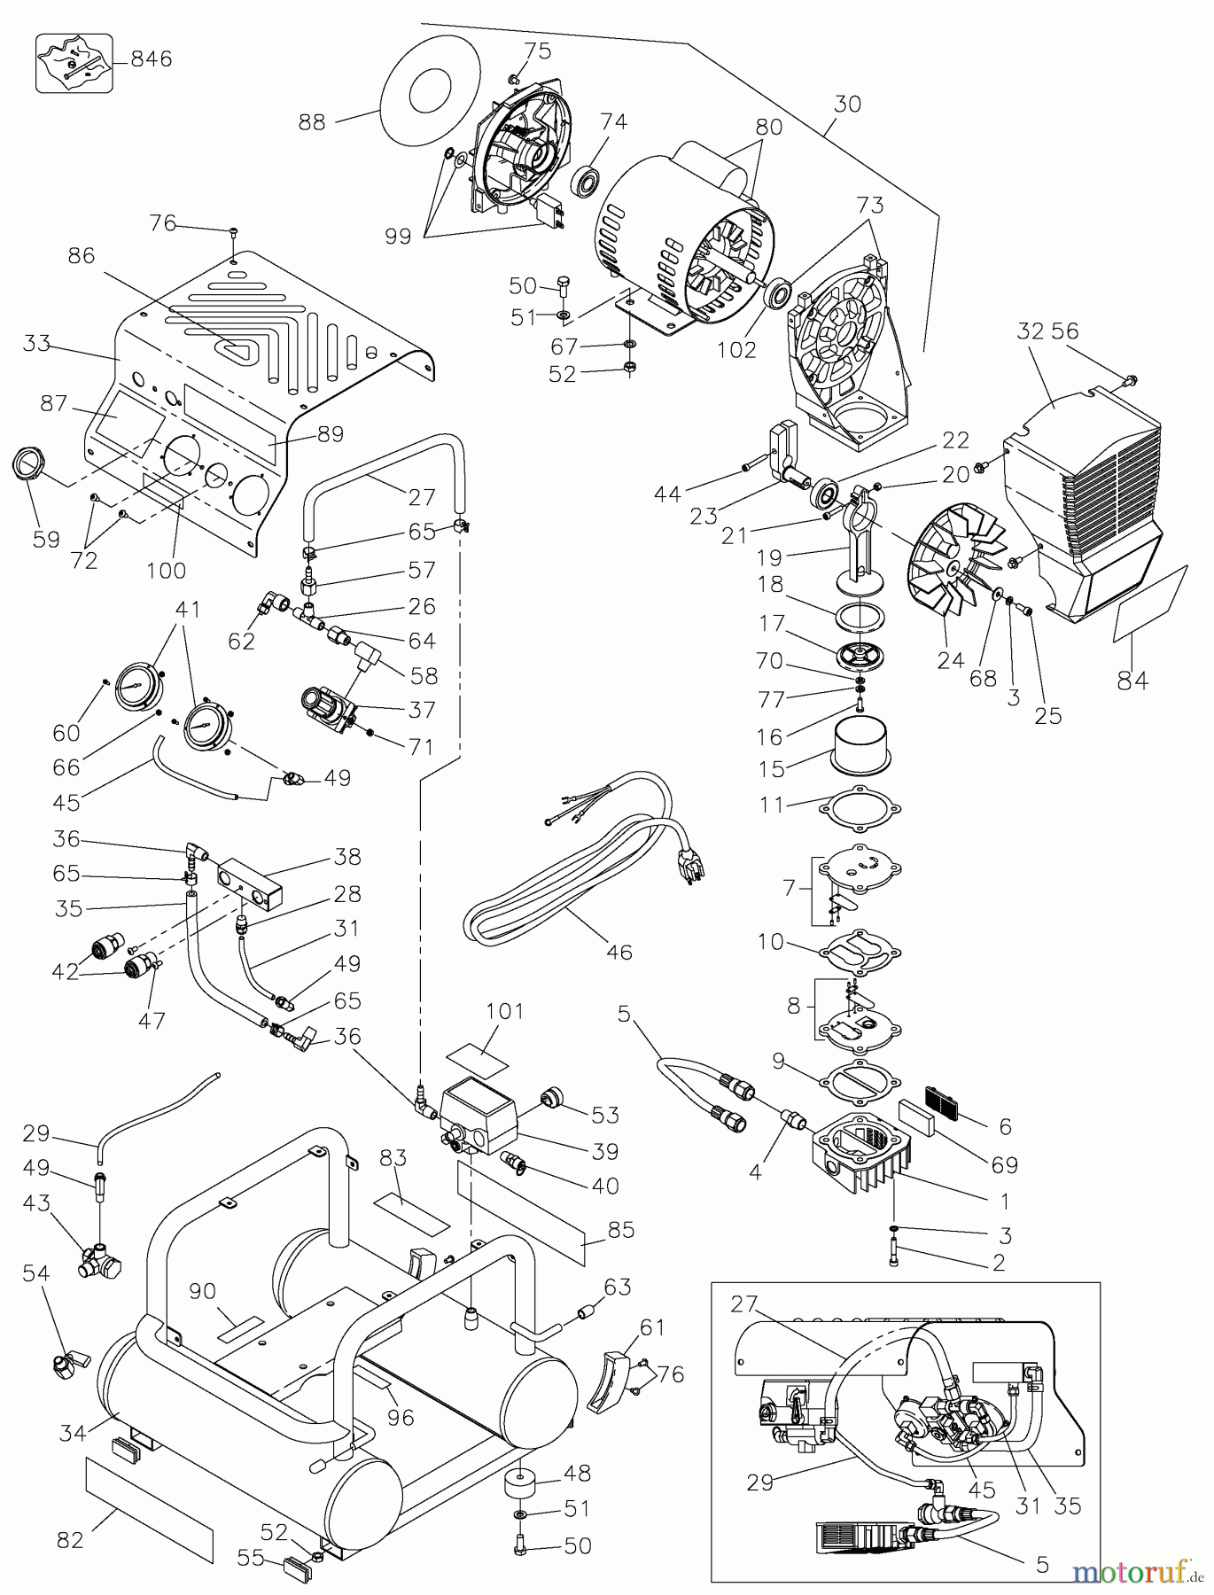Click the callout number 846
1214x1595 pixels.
[x=151, y=59]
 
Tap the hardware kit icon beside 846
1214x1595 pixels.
[x=74, y=62]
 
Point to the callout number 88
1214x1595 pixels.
[x=311, y=122]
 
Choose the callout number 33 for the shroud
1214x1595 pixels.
[x=37, y=343]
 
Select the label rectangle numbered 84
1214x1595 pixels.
[x=1148, y=605]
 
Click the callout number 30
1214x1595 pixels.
[x=847, y=104]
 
